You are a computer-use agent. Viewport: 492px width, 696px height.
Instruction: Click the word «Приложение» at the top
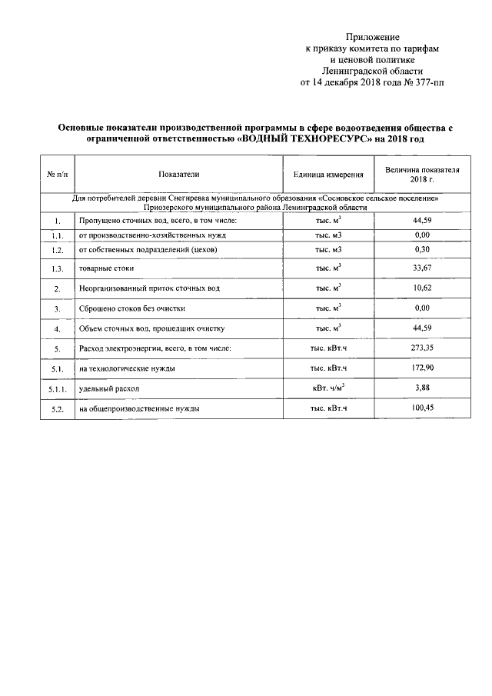pyautogui.click(x=372, y=36)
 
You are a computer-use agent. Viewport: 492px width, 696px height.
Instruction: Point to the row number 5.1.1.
pyautogui.click(x=57, y=390)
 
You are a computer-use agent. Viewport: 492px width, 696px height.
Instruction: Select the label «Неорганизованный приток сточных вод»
pyautogui.click(x=149, y=288)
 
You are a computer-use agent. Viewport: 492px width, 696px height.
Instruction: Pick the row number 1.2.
pyautogui.click(x=57, y=251)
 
